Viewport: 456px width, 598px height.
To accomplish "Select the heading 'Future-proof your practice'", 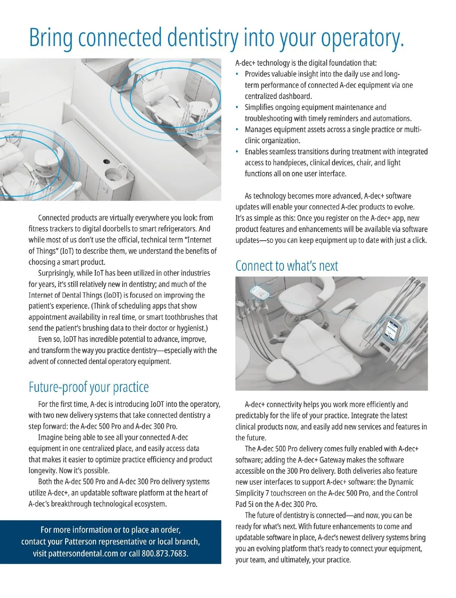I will click(x=89, y=387).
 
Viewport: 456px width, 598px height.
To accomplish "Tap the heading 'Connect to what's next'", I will click(x=287, y=266).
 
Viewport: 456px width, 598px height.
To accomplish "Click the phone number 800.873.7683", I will click(x=164, y=553).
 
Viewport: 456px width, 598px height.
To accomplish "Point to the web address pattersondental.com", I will click(x=83, y=553).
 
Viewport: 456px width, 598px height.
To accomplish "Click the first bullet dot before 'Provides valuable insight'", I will click(x=237, y=74).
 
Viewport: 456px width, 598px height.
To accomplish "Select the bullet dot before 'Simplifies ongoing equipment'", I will click(x=237, y=108).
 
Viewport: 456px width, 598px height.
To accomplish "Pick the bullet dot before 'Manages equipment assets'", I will click(x=237, y=130).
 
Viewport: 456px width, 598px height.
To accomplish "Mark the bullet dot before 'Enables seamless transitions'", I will click(x=237, y=152).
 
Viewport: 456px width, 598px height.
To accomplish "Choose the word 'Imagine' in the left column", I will click(x=50, y=437).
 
